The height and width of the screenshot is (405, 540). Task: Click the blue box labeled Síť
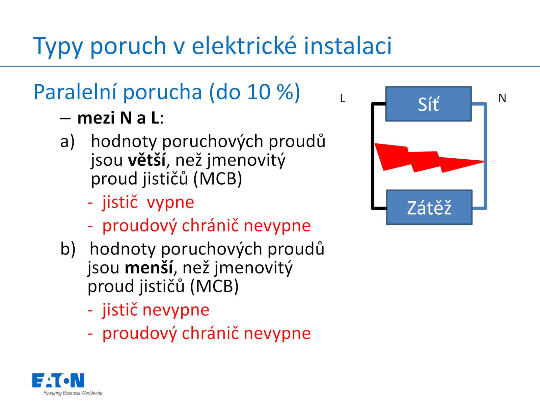click(428, 104)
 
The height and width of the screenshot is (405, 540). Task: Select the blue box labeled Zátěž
click(429, 207)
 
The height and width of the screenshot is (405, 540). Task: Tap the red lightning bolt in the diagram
click(429, 158)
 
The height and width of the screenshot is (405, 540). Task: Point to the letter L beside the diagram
click(343, 98)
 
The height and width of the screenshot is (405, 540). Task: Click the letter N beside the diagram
click(502, 98)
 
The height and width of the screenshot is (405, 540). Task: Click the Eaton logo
click(58, 380)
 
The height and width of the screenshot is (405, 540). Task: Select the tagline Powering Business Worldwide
click(73, 393)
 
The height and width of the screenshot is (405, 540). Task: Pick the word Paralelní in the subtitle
click(75, 92)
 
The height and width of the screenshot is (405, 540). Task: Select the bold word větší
click(146, 160)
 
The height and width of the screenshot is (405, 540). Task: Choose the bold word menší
click(148, 267)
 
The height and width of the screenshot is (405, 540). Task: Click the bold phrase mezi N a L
click(118, 118)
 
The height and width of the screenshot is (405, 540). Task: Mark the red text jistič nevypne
click(156, 310)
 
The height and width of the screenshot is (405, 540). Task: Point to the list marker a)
click(67, 142)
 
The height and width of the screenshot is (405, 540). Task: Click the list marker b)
click(67, 249)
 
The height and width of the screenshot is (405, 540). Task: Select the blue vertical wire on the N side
click(485, 156)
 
